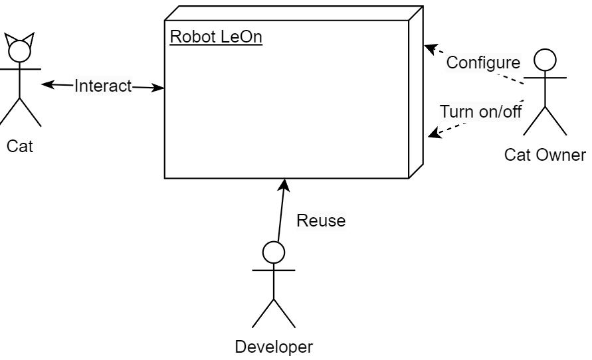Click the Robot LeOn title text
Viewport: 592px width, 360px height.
216,37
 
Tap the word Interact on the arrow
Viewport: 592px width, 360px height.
103,86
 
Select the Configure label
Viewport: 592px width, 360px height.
482,63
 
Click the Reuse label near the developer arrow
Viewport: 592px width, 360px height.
321,221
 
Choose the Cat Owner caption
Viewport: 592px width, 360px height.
545,155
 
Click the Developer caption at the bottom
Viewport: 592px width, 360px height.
274,346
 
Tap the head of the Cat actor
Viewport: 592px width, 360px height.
19,51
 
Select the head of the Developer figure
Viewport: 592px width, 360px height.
274,252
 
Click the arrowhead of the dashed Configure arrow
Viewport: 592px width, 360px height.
431,48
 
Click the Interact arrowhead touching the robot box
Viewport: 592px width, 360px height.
159,87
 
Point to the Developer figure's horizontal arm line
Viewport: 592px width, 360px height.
274,270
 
